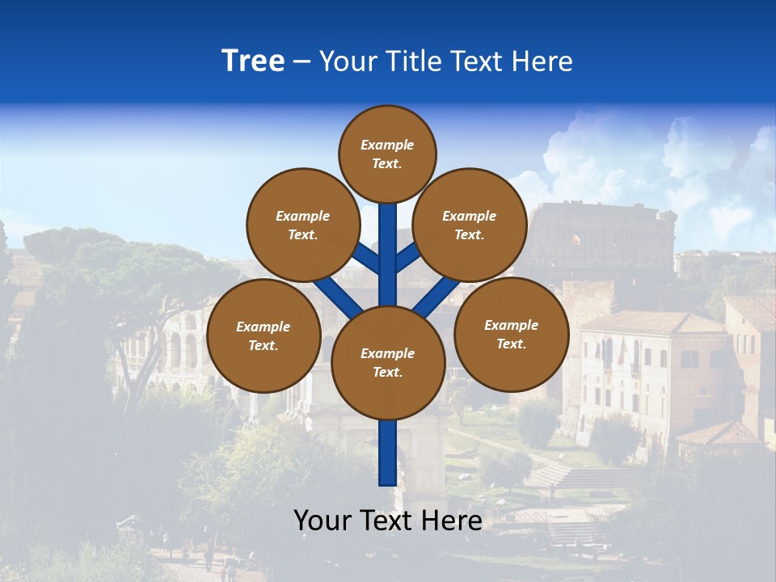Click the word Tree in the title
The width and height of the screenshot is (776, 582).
point(253,61)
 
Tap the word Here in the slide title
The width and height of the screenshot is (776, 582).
point(541,61)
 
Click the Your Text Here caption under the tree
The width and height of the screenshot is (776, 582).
point(387,521)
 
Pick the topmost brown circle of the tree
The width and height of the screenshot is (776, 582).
point(387,154)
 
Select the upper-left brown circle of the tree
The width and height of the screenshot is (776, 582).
point(302,225)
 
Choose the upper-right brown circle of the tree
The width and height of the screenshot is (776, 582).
point(470,225)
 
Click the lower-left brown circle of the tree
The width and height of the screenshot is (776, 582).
point(264,335)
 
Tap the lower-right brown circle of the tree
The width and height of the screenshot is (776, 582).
point(511,334)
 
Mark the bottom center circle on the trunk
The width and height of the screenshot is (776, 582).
point(387,362)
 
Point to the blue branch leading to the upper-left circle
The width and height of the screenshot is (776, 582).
point(365,258)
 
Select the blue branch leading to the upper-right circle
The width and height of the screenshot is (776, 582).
point(408,257)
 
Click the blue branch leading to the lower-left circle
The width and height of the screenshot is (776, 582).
point(337,297)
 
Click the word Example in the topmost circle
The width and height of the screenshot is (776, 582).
point(387,145)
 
